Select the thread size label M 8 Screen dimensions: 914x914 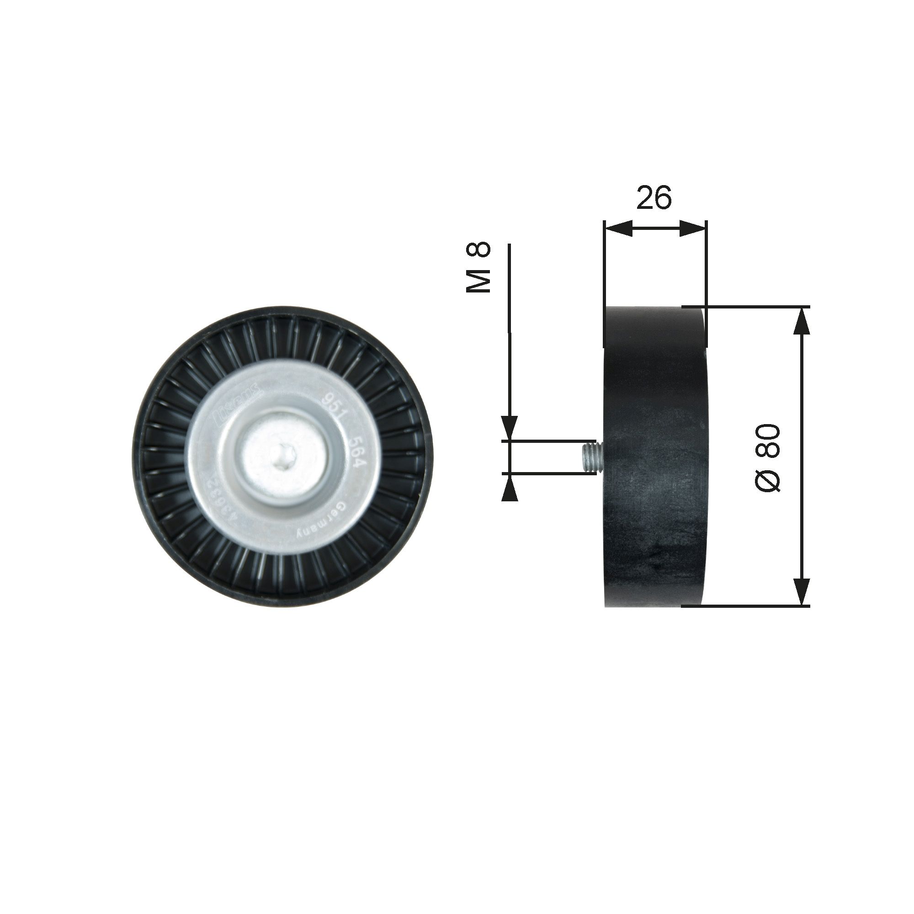click(x=478, y=268)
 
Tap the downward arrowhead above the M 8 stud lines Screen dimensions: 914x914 click(x=510, y=429)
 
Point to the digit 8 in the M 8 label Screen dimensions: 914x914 click(x=479, y=250)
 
